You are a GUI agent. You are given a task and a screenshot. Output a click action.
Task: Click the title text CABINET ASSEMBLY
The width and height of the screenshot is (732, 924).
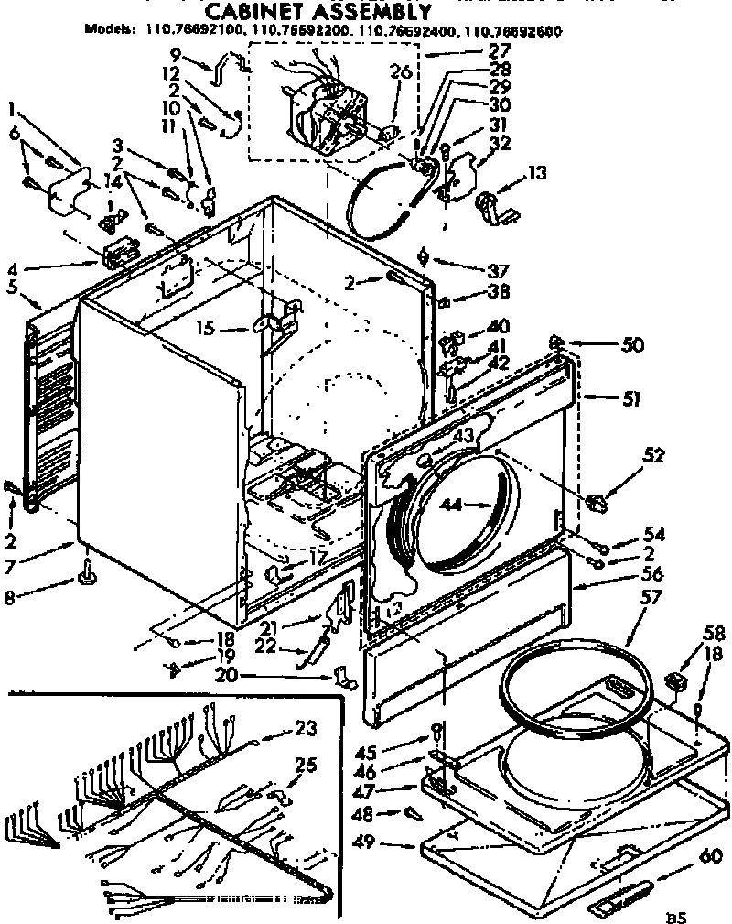[x=316, y=12]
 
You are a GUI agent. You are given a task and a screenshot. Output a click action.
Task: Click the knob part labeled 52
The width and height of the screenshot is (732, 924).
[x=596, y=501]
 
